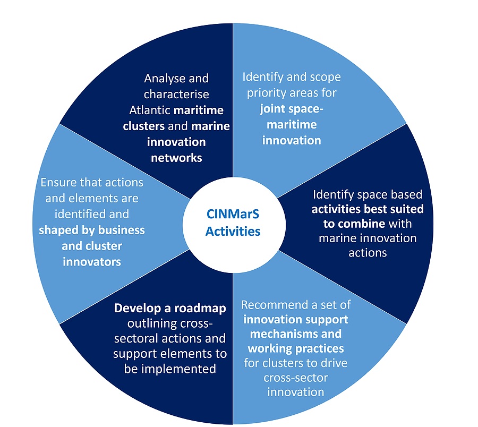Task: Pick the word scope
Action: point(323,78)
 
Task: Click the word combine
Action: point(363,223)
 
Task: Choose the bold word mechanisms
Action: point(281,334)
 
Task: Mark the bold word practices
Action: point(318,349)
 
